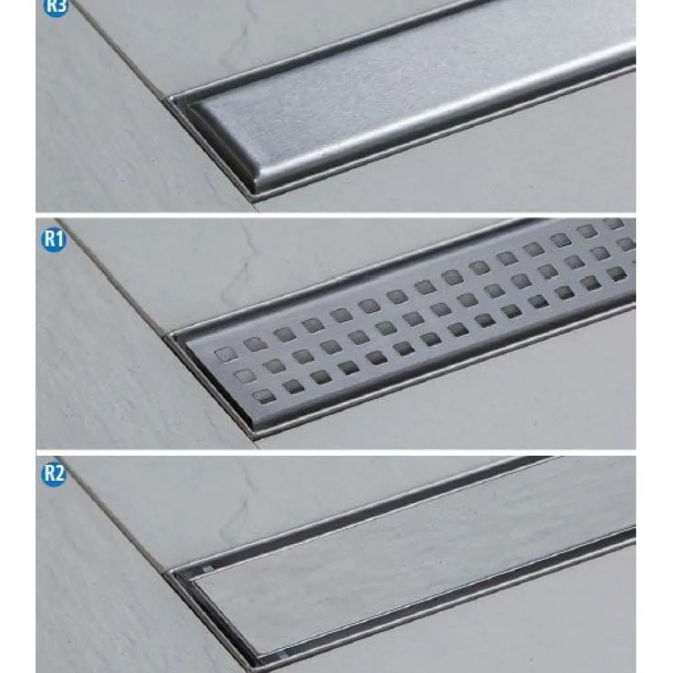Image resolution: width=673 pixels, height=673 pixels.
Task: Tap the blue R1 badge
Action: pos(53,239)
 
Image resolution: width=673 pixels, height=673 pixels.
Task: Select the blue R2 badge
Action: pos(54,474)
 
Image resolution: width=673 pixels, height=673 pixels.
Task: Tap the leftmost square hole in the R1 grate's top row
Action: pos(225,354)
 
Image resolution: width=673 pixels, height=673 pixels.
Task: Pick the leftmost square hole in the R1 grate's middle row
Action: pos(245,375)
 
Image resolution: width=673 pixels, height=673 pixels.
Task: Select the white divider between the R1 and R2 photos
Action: pos(336,452)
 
